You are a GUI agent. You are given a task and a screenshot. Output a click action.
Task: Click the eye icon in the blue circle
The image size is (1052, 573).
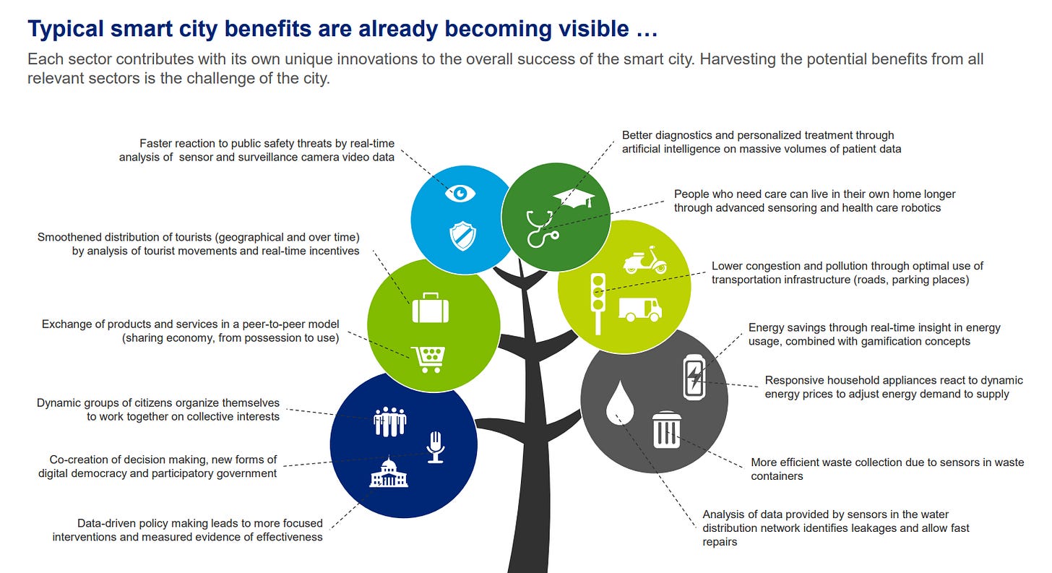(460, 193)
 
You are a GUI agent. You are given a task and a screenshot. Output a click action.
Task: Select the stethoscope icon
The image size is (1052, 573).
(541, 227)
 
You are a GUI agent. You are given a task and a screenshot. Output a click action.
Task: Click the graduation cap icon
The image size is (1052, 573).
(574, 199)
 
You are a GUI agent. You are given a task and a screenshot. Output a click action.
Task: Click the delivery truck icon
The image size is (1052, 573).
(640, 309)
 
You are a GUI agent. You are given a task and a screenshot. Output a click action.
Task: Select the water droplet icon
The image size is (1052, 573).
(620, 403)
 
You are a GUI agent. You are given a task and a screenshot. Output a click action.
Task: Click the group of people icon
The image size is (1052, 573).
(390, 421)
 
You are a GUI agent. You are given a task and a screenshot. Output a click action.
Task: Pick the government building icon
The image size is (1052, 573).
(389, 473)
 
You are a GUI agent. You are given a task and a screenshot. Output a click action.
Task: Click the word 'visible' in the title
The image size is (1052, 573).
(589, 29)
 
